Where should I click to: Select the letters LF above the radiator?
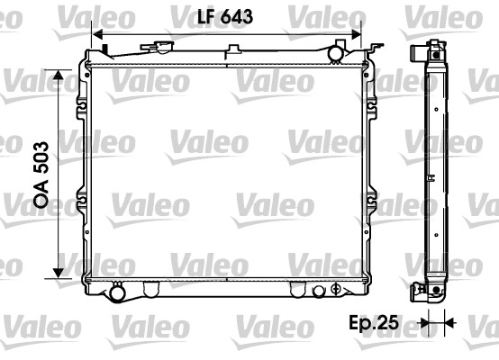click(206, 16)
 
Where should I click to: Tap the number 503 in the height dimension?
click(41, 158)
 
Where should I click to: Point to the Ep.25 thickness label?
click(374, 322)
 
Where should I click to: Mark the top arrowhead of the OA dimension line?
click(59, 75)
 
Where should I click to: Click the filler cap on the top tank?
click(158, 48)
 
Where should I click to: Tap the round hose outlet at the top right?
click(336, 53)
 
